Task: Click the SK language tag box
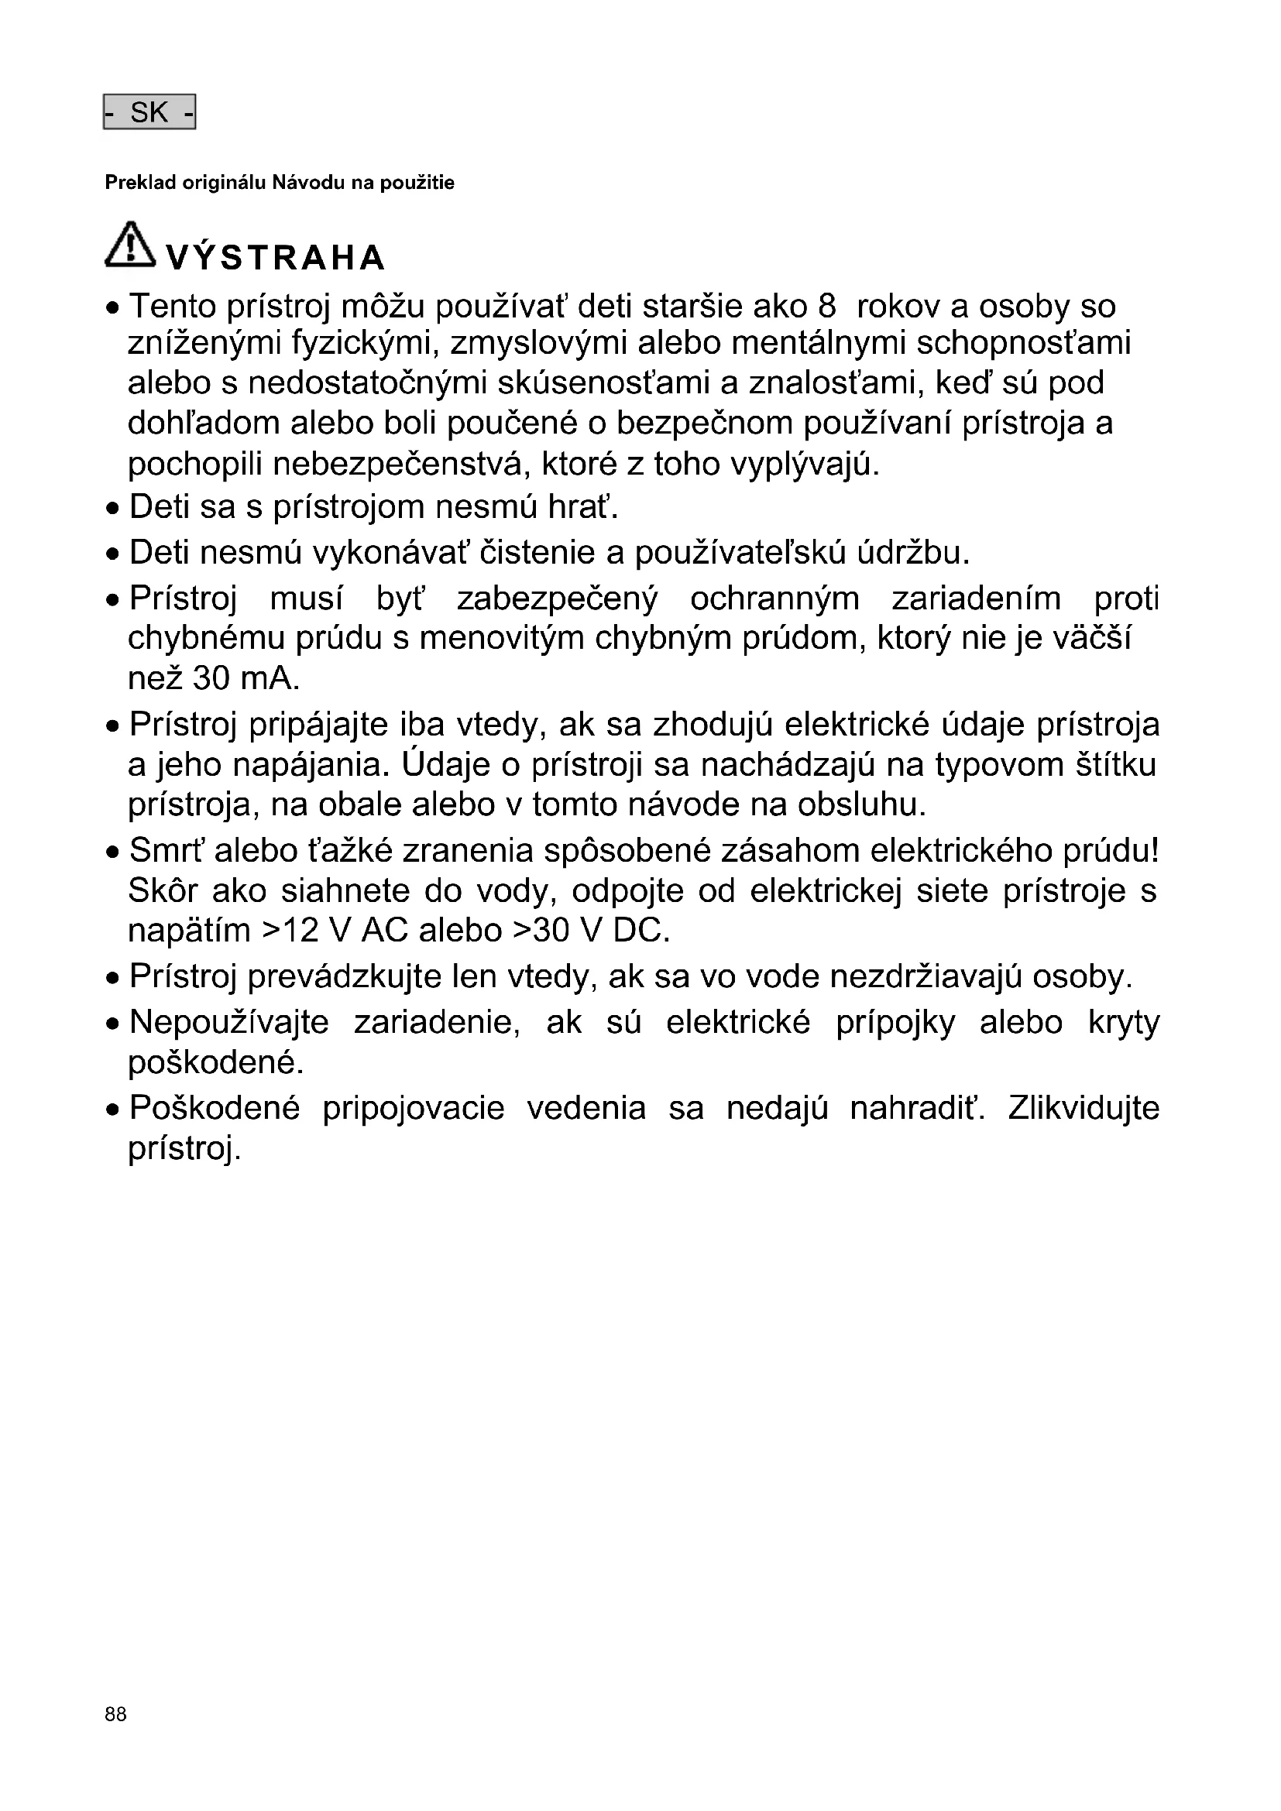[149, 113]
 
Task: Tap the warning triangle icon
[131, 245]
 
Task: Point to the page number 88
[115, 1713]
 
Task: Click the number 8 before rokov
[826, 307]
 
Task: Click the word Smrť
[166, 851]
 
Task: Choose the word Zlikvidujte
[1084, 1108]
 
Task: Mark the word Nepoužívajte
[228, 1023]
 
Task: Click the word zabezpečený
[557, 599]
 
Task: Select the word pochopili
[195, 465]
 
